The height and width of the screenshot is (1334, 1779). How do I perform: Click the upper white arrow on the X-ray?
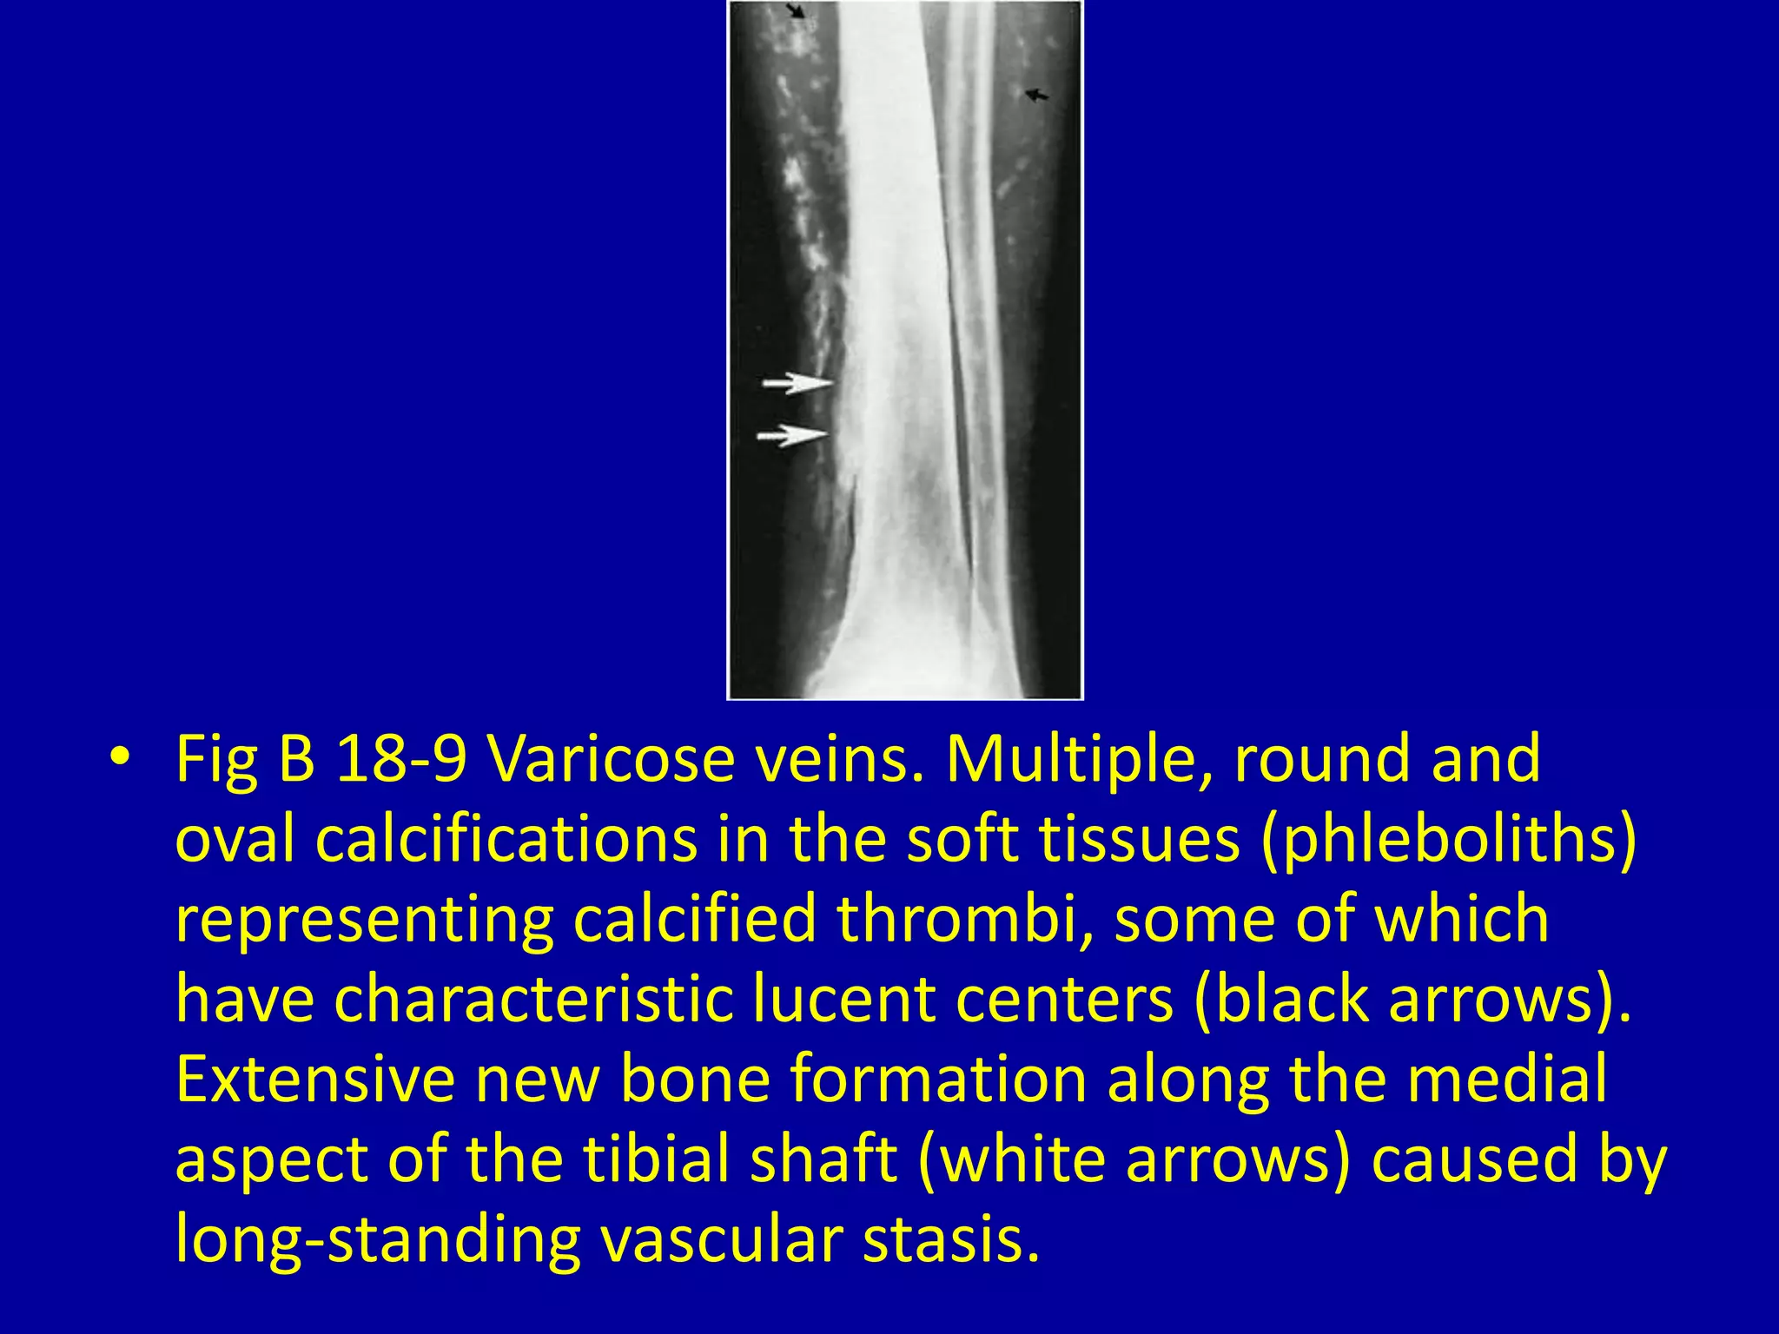797,382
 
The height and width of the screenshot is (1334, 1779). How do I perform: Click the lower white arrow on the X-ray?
792,434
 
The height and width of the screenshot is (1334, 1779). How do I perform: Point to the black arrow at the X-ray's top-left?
796,11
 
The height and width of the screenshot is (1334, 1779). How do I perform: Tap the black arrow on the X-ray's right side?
1037,95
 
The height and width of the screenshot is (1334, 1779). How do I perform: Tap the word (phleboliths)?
1448,838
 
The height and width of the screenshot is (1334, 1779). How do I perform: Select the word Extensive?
315,1079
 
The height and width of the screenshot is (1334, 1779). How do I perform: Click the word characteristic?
533,999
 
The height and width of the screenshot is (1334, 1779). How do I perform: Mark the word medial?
1506,1079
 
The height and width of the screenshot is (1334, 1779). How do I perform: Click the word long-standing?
378,1239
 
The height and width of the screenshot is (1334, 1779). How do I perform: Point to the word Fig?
216,757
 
